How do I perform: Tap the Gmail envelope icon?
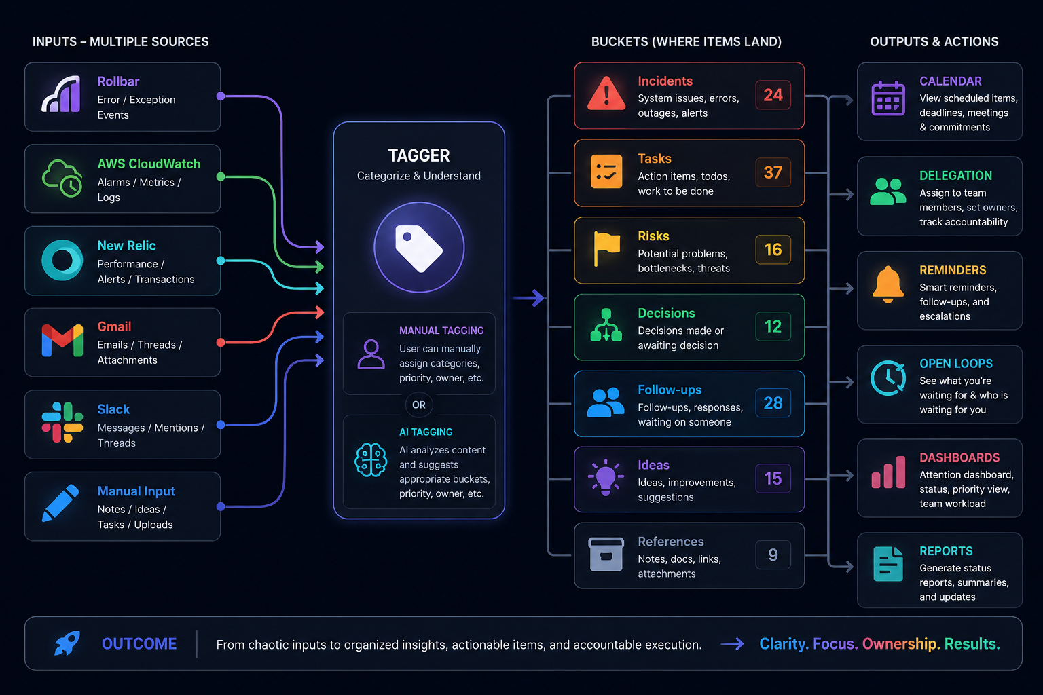click(x=62, y=341)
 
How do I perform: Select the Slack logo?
click(x=62, y=422)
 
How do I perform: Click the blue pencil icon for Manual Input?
click(x=60, y=503)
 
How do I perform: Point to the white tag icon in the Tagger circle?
click(x=418, y=248)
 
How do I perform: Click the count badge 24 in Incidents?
click(x=773, y=95)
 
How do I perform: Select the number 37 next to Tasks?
click(x=773, y=172)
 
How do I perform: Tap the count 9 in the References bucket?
click(x=773, y=555)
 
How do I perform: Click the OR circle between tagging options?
click(x=418, y=405)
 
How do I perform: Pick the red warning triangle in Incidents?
click(x=606, y=94)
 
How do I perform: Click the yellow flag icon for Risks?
click(x=606, y=248)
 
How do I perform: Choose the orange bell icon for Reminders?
click(x=888, y=284)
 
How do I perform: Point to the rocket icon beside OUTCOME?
click(x=67, y=643)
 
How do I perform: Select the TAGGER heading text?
click(x=419, y=155)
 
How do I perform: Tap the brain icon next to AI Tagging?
click(x=371, y=460)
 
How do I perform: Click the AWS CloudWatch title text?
click(x=149, y=164)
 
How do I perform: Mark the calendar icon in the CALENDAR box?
click(x=888, y=98)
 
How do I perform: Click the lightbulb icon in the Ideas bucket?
click(x=606, y=477)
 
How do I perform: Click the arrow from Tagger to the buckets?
click(x=528, y=298)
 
